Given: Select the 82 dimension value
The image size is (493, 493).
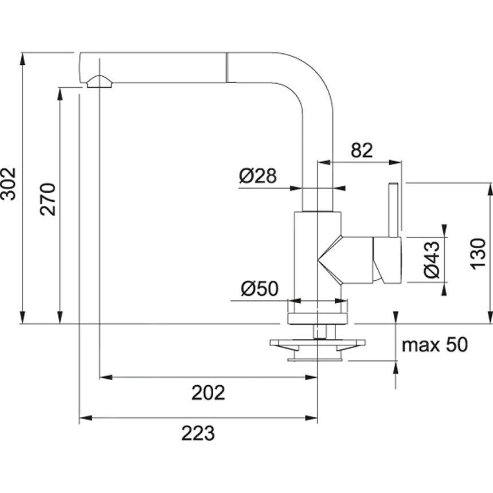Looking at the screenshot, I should (x=362, y=150).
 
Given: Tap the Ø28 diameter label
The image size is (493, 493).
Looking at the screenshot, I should (x=258, y=176).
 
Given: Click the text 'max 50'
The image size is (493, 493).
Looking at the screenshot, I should (x=434, y=345).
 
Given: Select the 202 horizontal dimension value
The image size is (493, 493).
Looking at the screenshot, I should (x=208, y=393).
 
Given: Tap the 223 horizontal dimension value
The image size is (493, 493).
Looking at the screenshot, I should (x=198, y=433).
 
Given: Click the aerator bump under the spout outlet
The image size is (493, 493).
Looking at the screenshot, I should (x=100, y=82).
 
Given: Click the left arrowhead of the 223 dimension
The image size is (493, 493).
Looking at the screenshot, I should (x=83, y=418).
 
